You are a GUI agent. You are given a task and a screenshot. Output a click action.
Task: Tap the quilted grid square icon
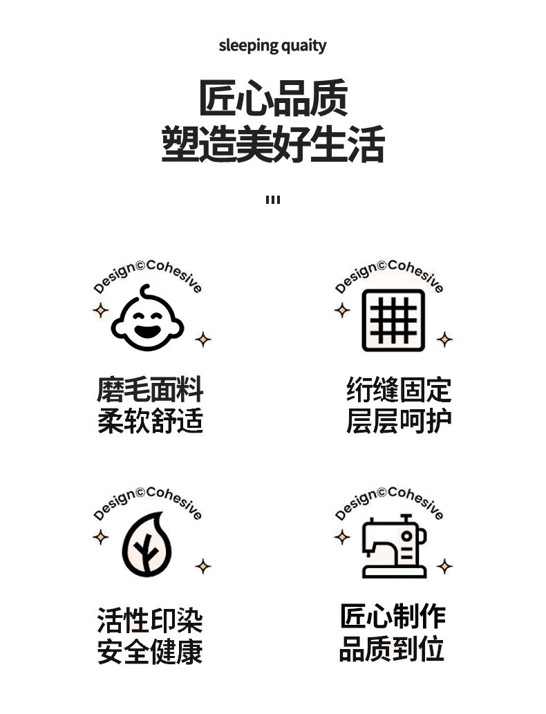[x=393, y=320]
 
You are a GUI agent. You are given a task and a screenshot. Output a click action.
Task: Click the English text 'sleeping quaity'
[x=272, y=46]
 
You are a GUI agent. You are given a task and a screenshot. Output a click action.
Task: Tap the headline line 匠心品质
[x=273, y=98]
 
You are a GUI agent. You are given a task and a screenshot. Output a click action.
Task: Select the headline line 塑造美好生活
[x=273, y=144]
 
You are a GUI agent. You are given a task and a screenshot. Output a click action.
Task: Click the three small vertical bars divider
[x=273, y=200]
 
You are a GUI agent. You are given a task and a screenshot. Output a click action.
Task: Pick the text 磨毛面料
[x=150, y=389]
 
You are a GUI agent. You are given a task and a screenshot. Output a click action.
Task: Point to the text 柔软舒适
[x=150, y=421]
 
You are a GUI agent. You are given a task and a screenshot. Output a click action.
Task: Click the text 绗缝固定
[x=399, y=389]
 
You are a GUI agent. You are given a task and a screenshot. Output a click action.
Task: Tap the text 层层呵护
[x=399, y=421]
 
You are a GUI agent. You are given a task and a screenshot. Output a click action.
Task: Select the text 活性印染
[x=150, y=620]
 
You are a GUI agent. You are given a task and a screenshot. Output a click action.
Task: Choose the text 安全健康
[x=150, y=652]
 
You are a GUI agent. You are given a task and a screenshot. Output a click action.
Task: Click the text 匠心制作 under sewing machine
[x=393, y=616]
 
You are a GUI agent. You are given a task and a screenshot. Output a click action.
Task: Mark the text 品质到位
[x=393, y=649]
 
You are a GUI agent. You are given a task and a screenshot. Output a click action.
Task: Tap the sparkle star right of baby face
[x=203, y=339]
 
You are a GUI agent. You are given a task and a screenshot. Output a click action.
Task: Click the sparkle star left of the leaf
[x=101, y=536]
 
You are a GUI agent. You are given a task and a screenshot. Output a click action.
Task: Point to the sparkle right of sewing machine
[x=445, y=567]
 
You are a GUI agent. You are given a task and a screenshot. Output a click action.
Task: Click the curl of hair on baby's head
[x=144, y=291]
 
